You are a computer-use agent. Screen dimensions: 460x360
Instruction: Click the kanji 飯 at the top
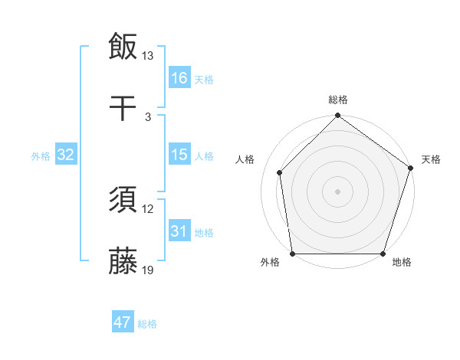(x=123, y=47)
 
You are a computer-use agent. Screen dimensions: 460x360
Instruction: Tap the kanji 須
(x=123, y=200)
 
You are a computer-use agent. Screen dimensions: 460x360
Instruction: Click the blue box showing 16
(x=179, y=78)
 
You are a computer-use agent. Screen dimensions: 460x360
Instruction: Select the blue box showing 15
(x=179, y=155)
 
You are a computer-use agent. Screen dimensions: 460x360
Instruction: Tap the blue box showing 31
(x=179, y=231)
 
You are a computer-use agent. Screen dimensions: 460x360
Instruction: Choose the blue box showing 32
(x=66, y=155)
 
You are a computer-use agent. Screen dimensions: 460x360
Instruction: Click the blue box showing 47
(x=123, y=322)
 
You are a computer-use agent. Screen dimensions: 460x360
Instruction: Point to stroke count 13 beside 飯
(x=148, y=56)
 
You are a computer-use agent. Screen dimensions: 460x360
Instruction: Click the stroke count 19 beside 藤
(x=148, y=270)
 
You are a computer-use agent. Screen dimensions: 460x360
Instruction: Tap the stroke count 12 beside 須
(x=148, y=209)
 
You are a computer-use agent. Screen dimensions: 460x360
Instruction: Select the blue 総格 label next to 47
(x=147, y=324)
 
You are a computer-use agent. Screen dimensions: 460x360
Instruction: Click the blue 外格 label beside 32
(x=41, y=156)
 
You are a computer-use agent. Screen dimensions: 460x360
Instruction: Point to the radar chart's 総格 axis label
(x=338, y=100)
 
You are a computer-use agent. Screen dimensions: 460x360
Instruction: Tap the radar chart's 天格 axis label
(x=432, y=159)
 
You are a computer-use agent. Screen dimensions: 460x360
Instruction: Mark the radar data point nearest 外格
(x=293, y=254)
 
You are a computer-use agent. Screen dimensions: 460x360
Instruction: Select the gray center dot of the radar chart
(x=338, y=191)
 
